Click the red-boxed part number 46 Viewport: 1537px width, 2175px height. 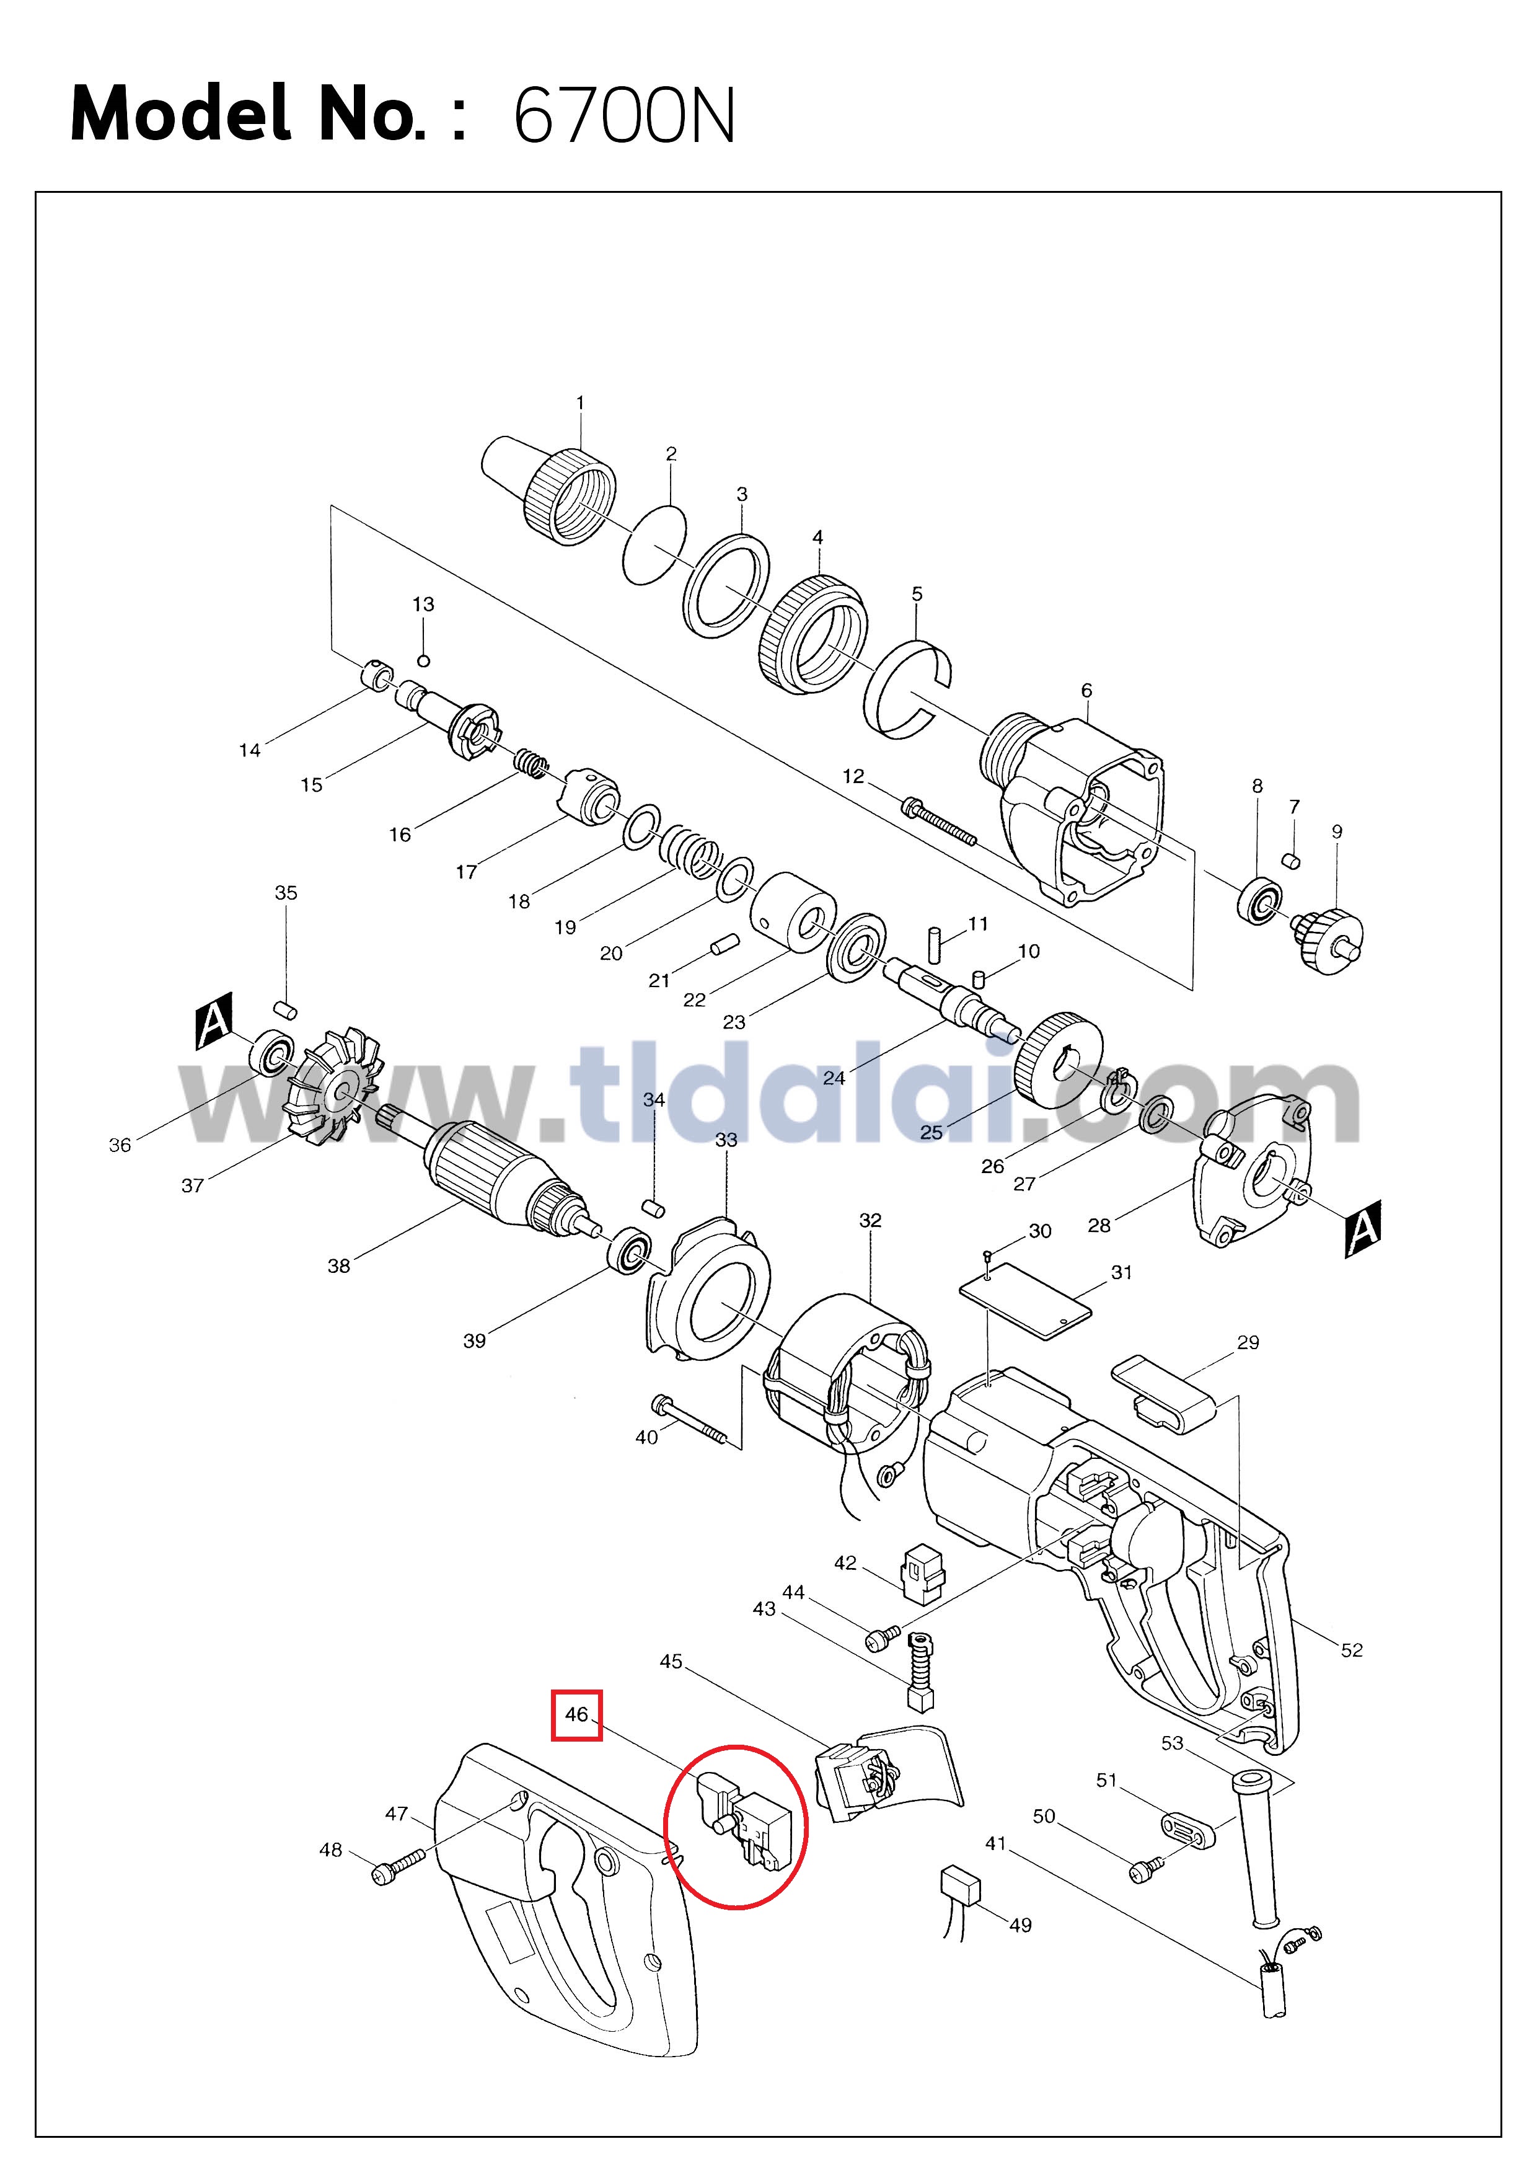(x=577, y=1714)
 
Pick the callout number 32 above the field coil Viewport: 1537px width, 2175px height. (x=870, y=1220)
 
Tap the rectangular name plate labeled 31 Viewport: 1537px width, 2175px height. (x=1026, y=1301)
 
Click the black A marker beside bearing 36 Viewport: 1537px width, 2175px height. (x=215, y=1021)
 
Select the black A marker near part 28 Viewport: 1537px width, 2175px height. (x=1363, y=1229)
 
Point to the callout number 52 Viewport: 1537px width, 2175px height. (x=1352, y=1650)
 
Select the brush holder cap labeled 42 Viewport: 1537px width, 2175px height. (x=922, y=1574)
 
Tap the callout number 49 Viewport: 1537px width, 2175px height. (x=1020, y=1925)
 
